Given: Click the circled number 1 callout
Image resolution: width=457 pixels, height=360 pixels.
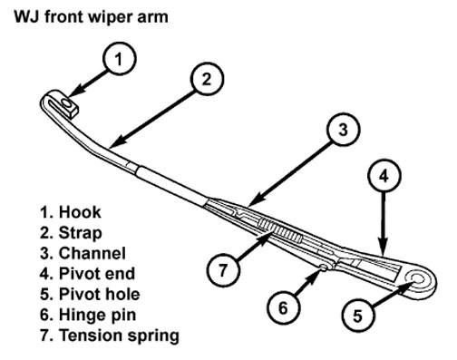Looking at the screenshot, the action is pyautogui.click(x=119, y=59).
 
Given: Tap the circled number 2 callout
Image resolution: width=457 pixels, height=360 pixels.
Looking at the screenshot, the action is pyautogui.click(x=207, y=79).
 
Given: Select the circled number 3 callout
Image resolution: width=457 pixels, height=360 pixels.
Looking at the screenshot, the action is pyautogui.click(x=343, y=130).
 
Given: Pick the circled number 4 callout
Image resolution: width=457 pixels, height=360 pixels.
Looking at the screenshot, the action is pyautogui.click(x=384, y=175).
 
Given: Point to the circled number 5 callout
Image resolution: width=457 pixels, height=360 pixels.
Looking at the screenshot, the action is pyautogui.click(x=357, y=316).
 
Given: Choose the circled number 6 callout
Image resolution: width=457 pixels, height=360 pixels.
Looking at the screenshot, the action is pyautogui.click(x=283, y=307).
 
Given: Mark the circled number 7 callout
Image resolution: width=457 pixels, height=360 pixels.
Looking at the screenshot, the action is pyautogui.click(x=223, y=270).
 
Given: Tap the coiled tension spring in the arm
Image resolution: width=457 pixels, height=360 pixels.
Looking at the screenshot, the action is pyautogui.click(x=280, y=230).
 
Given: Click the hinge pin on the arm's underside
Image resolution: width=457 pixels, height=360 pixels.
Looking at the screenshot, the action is pyautogui.click(x=323, y=268).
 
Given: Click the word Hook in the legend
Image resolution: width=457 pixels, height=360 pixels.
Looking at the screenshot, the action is pyautogui.click(x=80, y=212).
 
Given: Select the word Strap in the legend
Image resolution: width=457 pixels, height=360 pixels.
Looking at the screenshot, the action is pyautogui.click(x=80, y=233).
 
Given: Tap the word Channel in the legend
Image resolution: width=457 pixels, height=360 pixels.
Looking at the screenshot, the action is pyautogui.click(x=92, y=253).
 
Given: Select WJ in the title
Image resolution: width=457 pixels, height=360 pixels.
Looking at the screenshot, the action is pyautogui.click(x=27, y=16).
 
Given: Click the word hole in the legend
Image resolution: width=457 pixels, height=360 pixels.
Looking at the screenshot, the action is pyautogui.click(x=125, y=294).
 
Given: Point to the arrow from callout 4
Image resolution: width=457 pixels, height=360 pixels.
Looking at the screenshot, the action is pyautogui.click(x=384, y=222).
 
